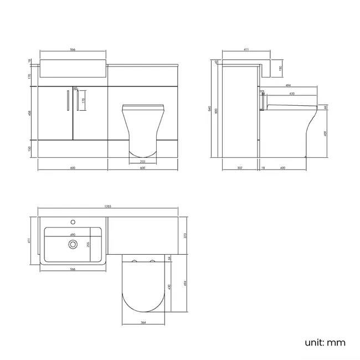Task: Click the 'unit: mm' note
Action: pos(325,343)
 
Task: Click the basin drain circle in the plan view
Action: pos(71,243)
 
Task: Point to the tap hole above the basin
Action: pos(72,223)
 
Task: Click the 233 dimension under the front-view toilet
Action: pos(143,161)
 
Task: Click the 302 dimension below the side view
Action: pos(239,167)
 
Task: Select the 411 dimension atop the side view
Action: pos(245,50)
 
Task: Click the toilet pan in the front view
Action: pos(143,125)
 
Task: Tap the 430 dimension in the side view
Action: pos(292,94)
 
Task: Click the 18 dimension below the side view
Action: pos(263,167)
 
